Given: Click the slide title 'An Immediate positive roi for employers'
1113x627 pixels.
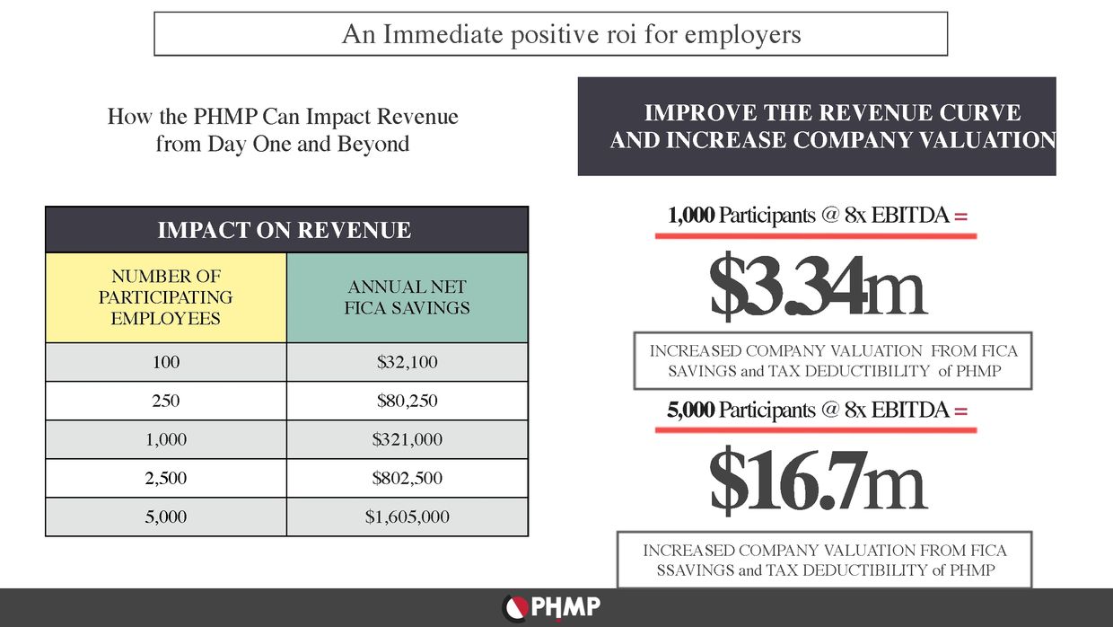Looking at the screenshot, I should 571,35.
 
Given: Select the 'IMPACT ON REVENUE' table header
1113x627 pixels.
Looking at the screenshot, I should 285,230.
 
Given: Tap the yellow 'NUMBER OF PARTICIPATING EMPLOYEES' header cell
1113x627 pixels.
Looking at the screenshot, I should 166,297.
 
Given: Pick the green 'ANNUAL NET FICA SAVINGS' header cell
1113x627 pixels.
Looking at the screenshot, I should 408,297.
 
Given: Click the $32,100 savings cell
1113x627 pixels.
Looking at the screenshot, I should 408,363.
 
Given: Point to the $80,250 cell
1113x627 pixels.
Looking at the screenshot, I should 408,402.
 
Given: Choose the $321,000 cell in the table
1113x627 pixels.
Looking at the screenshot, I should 408,440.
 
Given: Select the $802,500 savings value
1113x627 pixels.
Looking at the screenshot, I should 408,479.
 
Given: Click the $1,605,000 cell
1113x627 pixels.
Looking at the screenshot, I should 408,517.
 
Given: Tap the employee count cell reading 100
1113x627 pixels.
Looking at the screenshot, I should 166,363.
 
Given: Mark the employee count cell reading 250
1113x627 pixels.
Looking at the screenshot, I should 166,402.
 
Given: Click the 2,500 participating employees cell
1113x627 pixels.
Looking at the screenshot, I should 166,479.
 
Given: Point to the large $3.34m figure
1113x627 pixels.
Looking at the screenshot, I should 817,287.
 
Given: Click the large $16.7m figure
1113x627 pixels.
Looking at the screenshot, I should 817,482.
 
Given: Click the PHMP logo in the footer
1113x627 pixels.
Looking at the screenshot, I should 551,608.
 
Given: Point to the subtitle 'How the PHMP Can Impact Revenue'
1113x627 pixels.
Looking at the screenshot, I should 283,117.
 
